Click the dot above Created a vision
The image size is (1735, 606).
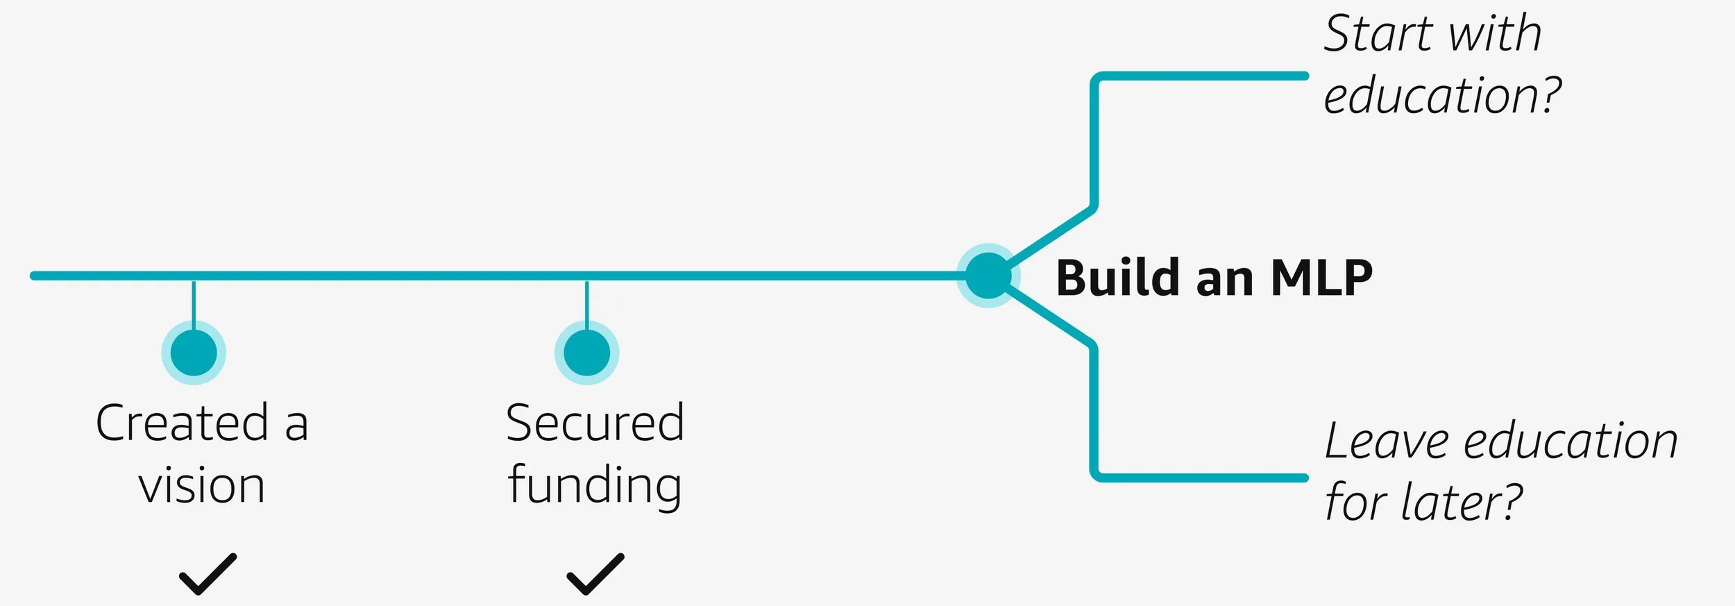click(194, 353)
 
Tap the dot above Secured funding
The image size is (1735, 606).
click(586, 353)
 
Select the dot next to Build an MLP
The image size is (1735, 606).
click(988, 276)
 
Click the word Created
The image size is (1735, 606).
click(182, 423)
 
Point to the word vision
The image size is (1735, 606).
click(201, 485)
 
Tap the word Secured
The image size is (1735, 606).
click(595, 423)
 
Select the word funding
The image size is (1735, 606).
click(595, 487)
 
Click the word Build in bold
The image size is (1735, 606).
click(1117, 278)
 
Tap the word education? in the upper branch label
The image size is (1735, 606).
click(1442, 96)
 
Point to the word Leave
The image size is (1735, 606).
click(1387, 441)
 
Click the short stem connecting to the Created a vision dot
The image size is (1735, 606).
click(194, 302)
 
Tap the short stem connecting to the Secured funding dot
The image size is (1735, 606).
click(586, 302)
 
